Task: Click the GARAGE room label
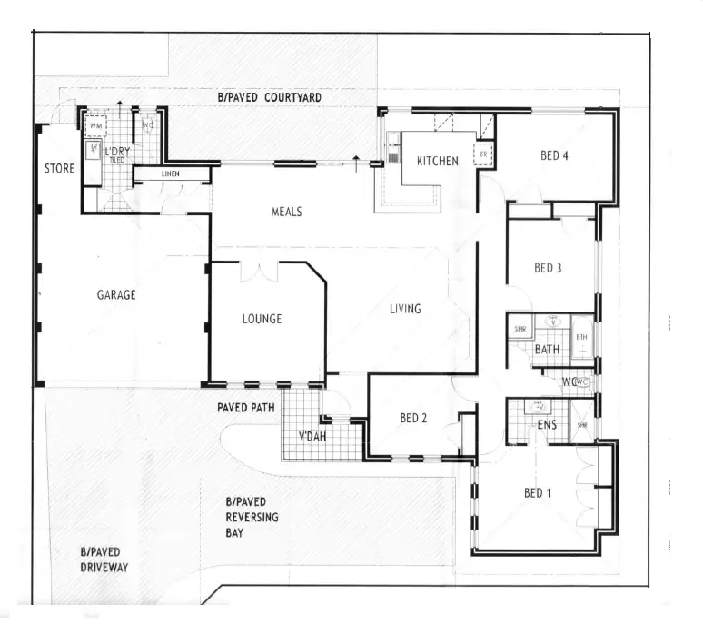coord(116,294)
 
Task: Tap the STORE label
coord(59,169)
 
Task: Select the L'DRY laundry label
coord(117,151)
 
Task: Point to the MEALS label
coord(286,213)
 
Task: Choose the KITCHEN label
coord(437,162)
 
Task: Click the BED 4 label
coord(554,155)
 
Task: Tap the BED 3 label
coord(548,268)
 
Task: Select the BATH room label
coord(547,349)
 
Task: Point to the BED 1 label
coord(538,493)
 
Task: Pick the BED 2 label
coord(413,419)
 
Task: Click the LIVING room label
coord(405,309)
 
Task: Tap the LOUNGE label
coord(262,319)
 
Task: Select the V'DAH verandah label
coord(312,435)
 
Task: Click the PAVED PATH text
coord(245,409)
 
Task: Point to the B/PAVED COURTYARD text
coord(269,97)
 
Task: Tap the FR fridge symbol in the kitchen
coord(484,155)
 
